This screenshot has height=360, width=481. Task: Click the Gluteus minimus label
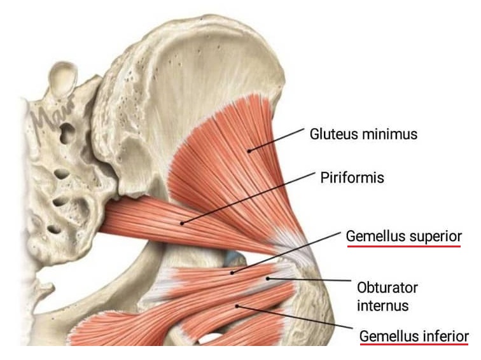(x=363, y=134)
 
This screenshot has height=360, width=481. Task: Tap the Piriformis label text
(x=352, y=177)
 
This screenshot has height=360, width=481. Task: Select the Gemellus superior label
(x=403, y=236)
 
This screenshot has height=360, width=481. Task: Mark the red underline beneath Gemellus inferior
(x=414, y=345)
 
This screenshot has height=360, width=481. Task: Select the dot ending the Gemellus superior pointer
(x=232, y=273)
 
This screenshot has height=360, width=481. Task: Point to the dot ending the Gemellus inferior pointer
(x=237, y=306)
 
